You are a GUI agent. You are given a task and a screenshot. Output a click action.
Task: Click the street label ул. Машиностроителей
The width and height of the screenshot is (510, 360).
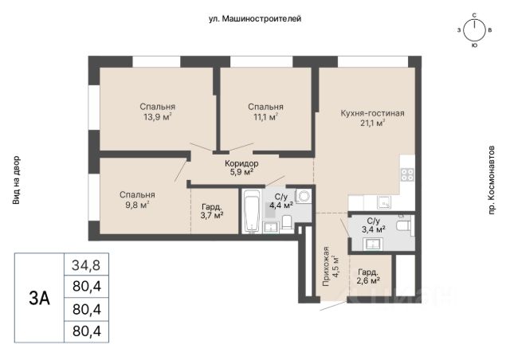[x=255, y=19]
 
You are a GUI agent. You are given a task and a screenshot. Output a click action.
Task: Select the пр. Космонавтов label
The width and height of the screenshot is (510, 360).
[x=491, y=180]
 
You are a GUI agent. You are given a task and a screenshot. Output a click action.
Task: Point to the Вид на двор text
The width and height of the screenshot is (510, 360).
[x=16, y=181]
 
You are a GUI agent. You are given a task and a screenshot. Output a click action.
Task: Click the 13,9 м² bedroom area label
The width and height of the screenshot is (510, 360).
[x=158, y=117]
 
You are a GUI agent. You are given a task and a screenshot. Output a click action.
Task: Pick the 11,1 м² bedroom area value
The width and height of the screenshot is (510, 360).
[x=265, y=117]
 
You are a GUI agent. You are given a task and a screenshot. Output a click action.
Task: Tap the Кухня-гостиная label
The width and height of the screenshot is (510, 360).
[x=372, y=113]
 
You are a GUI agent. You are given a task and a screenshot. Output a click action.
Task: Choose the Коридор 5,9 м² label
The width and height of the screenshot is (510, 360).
[x=241, y=168]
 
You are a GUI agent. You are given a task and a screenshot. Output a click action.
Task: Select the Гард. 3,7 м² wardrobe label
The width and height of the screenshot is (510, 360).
[x=212, y=211]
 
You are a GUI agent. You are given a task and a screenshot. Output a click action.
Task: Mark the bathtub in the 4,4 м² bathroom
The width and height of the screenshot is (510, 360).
[x=252, y=211]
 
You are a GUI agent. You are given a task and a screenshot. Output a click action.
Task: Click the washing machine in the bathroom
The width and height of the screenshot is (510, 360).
[x=304, y=197]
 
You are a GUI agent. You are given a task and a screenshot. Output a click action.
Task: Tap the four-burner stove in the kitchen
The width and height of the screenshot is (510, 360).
[x=407, y=174]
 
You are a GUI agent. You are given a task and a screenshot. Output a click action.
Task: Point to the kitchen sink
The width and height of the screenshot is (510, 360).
[x=384, y=202]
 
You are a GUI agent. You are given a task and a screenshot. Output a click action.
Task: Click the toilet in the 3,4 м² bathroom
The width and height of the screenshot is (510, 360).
[x=404, y=225]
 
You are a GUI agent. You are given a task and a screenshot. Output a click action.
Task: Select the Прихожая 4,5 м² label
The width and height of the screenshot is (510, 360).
[x=331, y=267]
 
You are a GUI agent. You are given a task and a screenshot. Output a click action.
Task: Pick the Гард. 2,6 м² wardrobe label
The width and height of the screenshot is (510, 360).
[x=368, y=276]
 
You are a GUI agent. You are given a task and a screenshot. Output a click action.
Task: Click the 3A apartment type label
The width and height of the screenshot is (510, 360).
[x=39, y=298]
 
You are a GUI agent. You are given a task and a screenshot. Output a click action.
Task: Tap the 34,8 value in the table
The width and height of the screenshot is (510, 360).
[x=86, y=265]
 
